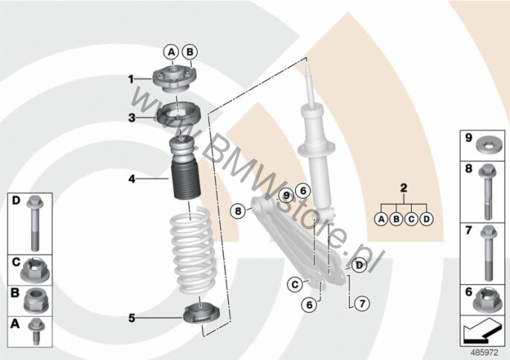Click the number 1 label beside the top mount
pyautogui.click(x=130, y=78)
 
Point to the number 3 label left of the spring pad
pyautogui.click(x=130, y=118)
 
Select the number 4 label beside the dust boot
pyautogui.click(x=130, y=179)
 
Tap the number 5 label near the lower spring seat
pyautogui.click(x=131, y=318)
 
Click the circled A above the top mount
pyautogui.click(x=171, y=51)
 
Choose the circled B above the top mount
pyautogui.click(x=189, y=51)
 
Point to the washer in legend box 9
pyautogui.click(x=488, y=141)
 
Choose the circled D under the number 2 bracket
pyautogui.click(x=426, y=219)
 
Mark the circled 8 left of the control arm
pyautogui.click(x=237, y=210)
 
